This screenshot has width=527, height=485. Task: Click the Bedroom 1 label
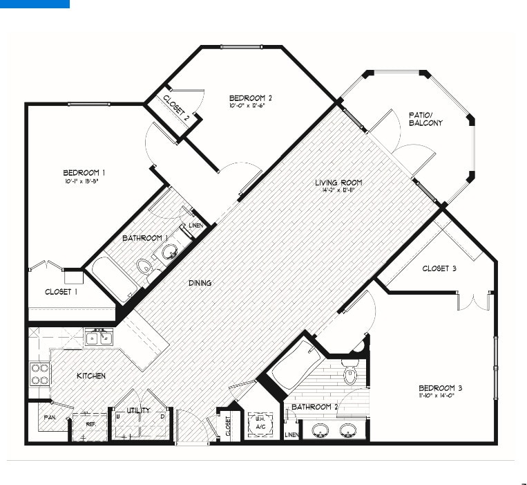[84, 172]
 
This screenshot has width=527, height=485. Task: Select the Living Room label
[338, 183]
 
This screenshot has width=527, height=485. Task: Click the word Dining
[200, 283]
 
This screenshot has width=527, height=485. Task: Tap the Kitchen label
[91, 376]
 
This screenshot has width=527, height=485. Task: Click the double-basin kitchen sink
[99, 338]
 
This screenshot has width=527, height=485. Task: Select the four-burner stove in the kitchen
[40, 374]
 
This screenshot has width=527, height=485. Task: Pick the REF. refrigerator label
[90, 423]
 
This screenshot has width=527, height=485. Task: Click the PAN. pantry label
[49, 418]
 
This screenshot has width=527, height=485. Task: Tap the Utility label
[138, 410]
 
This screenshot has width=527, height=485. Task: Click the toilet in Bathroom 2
[349, 374]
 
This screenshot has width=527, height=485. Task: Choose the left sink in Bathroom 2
[320, 432]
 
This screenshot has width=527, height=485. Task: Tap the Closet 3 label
[439, 268]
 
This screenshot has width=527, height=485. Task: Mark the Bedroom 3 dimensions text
[440, 397]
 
